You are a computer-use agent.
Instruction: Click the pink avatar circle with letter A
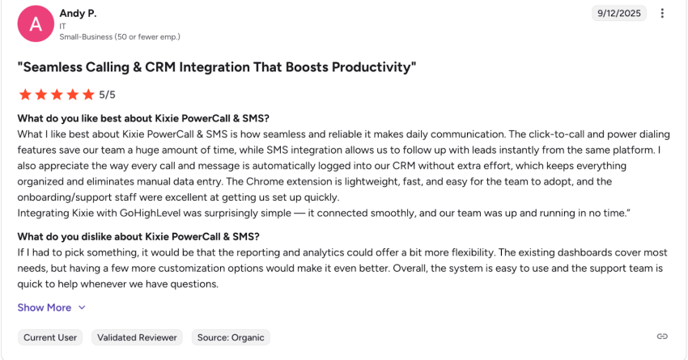point(36,23)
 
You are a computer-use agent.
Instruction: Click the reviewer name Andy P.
point(77,14)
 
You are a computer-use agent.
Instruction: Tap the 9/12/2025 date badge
point(618,13)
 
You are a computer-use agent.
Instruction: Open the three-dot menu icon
point(662,13)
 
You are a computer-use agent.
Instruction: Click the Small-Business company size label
point(120,37)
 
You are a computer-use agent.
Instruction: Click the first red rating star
point(25,95)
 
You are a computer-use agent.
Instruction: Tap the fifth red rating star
point(88,95)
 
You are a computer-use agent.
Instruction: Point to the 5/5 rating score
point(107,95)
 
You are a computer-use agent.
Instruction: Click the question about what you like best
point(143,118)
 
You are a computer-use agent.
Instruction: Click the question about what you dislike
point(138,236)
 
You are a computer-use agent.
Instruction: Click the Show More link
point(45,307)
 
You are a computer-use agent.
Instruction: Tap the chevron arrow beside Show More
point(82,307)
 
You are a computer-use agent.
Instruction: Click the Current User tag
point(50,337)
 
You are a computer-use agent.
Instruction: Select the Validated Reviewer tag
point(137,337)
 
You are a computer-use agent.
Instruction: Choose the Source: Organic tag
point(231,337)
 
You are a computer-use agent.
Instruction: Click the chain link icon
point(661,337)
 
